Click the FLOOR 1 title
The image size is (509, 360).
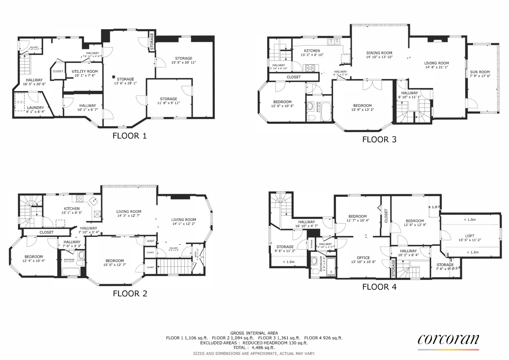click(x=130, y=136)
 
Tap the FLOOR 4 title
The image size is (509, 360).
click(x=379, y=287)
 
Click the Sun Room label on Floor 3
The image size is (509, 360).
click(x=480, y=72)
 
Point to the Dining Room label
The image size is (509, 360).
click(x=379, y=53)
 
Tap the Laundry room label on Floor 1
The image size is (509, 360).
click(x=35, y=108)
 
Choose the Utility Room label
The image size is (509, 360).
click(x=85, y=71)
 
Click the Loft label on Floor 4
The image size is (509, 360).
click(x=469, y=236)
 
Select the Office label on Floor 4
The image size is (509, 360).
click(x=363, y=258)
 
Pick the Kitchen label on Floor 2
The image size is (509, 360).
click(x=72, y=209)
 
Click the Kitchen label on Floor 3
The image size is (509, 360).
click(x=312, y=51)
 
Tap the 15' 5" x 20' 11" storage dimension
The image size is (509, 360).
click(x=184, y=63)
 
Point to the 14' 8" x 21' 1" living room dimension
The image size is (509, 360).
click(x=436, y=67)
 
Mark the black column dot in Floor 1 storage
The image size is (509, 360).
click(x=113, y=77)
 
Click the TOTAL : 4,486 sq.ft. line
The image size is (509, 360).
click(x=254, y=348)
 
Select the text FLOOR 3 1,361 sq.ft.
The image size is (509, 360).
click(x=279, y=338)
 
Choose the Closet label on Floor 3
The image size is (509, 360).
click(x=294, y=77)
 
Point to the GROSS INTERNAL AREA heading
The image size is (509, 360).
click(x=254, y=333)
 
